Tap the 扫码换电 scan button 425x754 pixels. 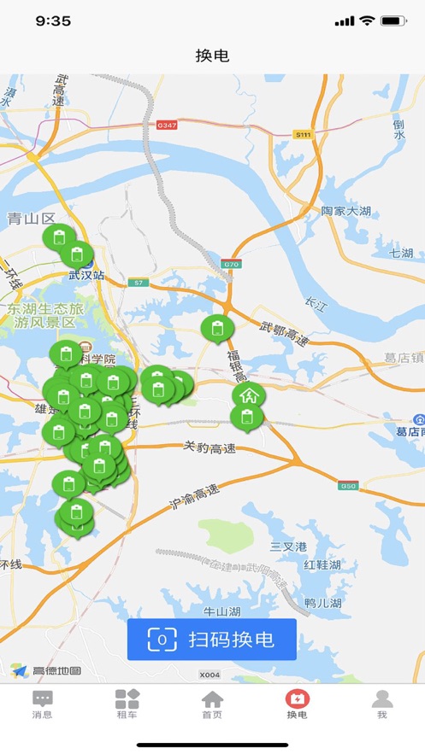coord(212,640)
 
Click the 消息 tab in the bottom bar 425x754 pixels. coord(42,704)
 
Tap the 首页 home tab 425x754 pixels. coord(212,704)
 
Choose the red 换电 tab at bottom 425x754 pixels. coord(297,704)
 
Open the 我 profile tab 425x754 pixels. coord(382,704)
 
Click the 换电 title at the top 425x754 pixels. coord(212,56)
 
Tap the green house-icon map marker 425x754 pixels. coord(249,395)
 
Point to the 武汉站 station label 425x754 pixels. coord(86,276)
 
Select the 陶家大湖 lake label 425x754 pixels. coord(346,211)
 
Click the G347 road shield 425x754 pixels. coord(167,125)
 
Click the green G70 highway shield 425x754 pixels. coord(231,264)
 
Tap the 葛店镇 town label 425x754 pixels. coord(403,358)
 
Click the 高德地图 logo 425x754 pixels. coord(48,670)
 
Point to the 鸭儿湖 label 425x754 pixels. coord(325,603)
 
